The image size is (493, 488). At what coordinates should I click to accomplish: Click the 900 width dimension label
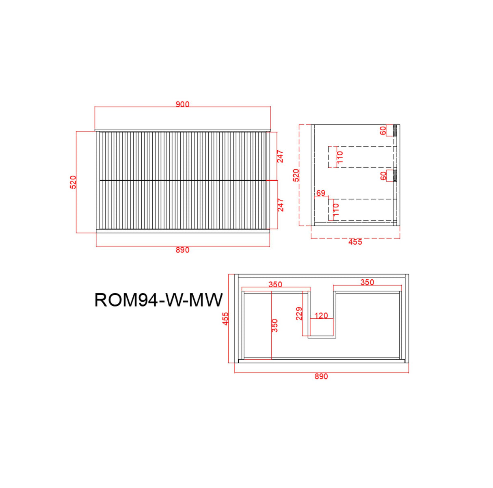coord(182,104)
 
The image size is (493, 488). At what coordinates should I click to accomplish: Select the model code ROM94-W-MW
coord(158,300)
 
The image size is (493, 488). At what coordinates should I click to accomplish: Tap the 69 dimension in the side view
coord(321,193)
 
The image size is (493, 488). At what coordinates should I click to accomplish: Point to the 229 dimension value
coord(299,313)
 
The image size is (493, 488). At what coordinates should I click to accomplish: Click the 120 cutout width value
coord(321,315)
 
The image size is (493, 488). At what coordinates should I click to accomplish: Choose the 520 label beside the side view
coord(296,175)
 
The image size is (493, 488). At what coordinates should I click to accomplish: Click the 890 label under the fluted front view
coord(182,250)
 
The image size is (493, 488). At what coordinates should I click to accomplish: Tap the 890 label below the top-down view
coord(321,376)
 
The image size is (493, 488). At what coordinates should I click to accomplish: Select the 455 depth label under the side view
coord(355,242)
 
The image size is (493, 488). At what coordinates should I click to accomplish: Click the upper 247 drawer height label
coord(280,156)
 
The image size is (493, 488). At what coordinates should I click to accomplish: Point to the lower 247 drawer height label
coord(280,205)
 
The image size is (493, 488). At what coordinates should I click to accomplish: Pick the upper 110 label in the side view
coord(340,157)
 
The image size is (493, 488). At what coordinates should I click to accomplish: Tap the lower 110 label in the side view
coord(336,209)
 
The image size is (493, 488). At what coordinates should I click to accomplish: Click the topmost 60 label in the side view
coord(383,131)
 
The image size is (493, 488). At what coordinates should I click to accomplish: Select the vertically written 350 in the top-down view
coord(275,325)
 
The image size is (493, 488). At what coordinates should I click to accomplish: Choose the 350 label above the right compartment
coord(367,282)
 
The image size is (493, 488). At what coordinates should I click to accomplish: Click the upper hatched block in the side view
coord(394,130)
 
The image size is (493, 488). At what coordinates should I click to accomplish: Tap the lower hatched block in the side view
coord(394,175)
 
